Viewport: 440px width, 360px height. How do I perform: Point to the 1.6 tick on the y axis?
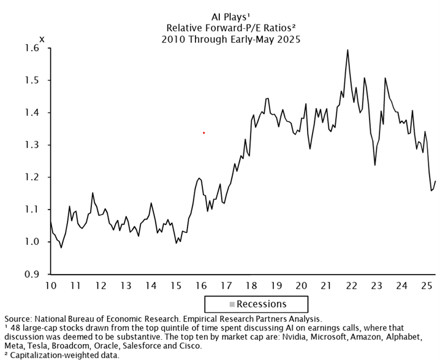coord(31,48)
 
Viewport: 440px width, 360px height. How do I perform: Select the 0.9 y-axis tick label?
coord(31,274)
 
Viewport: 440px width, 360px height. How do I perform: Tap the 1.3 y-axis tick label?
coord(31,145)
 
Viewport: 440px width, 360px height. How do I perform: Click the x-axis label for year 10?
coord(50,285)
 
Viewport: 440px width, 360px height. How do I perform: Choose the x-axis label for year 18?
coord(251,285)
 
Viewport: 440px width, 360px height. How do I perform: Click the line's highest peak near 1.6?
coord(347,50)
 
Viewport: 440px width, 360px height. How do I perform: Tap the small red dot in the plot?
coord(203,132)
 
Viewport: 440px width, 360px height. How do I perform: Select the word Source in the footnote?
coord(19,320)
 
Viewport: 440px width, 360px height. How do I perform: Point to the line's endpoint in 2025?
coord(435,181)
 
